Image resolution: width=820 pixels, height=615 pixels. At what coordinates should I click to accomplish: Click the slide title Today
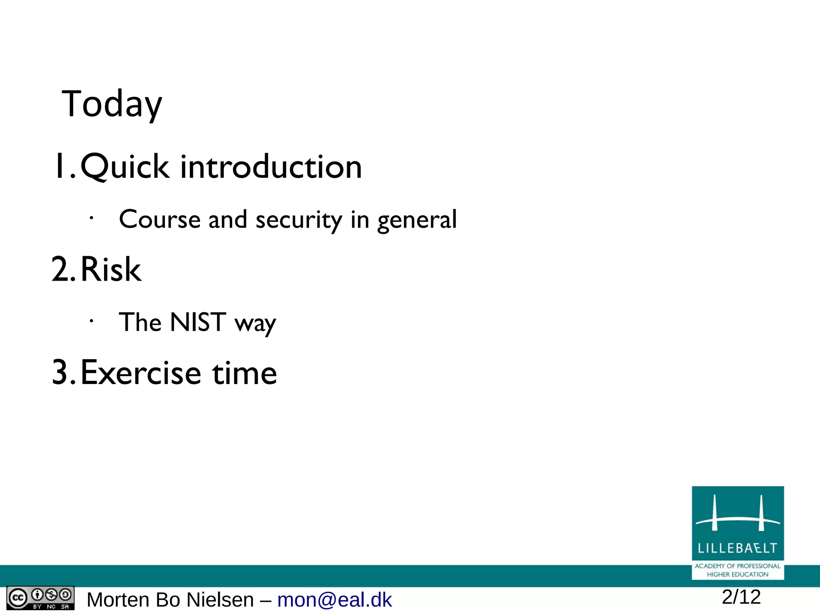coord(112,104)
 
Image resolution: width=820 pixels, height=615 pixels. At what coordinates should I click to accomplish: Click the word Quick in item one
coord(125,167)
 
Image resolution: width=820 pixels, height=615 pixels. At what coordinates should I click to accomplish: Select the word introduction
coord(271,167)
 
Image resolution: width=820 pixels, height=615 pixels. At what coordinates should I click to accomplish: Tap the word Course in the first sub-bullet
coord(160,219)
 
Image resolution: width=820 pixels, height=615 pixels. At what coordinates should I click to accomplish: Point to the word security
coord(299,220)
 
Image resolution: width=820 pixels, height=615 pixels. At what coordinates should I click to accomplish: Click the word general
coord(416,220)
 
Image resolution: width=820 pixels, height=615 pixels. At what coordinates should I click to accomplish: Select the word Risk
coord(111,269)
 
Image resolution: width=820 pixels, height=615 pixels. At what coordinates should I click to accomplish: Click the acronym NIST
coord(198,322)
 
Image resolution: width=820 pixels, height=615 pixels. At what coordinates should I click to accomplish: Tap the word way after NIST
coord(255,324)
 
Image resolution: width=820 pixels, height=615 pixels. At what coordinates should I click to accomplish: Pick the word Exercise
coord(141,373)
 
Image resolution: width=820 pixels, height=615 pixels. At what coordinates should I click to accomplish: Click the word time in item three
coord(244,373)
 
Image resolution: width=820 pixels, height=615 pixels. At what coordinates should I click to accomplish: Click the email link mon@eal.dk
coord(334,600)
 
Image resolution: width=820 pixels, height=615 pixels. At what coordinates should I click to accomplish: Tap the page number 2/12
coord(741,597)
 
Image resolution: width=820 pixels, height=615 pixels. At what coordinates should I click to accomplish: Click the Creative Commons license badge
coord(40,598)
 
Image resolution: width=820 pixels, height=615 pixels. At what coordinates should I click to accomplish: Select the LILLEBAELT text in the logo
coord(737,548)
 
